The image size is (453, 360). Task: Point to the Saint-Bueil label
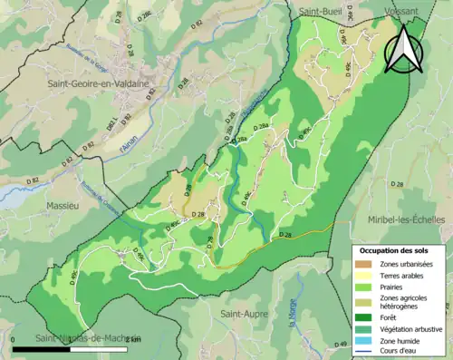coord(322,11)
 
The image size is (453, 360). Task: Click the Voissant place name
coord(400,11)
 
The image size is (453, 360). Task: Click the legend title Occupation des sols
coord(395,250)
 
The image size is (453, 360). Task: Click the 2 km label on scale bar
coord(134,338)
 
